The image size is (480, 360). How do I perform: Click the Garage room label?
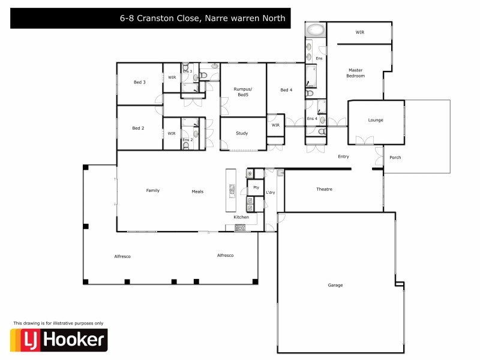335,285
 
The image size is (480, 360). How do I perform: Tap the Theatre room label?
324,190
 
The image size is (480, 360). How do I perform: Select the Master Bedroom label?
355,73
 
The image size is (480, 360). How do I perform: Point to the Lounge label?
376,120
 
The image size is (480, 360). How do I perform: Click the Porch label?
395,158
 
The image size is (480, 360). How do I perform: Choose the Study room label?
242,133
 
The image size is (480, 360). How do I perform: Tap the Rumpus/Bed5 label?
242,92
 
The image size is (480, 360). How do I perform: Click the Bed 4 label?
286,90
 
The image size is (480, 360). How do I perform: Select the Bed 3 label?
139,82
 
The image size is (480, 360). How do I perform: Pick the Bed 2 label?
139,128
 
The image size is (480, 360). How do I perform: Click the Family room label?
153,191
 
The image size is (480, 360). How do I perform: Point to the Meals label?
197,192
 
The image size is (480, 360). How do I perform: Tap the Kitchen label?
241,217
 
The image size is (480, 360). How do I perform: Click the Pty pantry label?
256,188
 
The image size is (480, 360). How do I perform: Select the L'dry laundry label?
271,192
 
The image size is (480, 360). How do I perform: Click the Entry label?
343,157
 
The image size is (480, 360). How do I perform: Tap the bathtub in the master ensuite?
316,30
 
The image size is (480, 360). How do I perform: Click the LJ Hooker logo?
59,340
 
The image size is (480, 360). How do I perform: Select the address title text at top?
204,19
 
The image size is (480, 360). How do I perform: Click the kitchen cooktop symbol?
240,227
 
